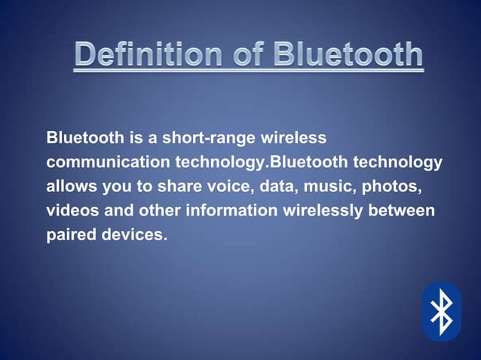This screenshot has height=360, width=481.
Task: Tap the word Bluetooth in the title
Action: [348, 55]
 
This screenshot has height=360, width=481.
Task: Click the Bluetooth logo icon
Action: [441, 311]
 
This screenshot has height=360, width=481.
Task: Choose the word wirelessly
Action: [322, 210]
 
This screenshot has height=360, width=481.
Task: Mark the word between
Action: [402, 210]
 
